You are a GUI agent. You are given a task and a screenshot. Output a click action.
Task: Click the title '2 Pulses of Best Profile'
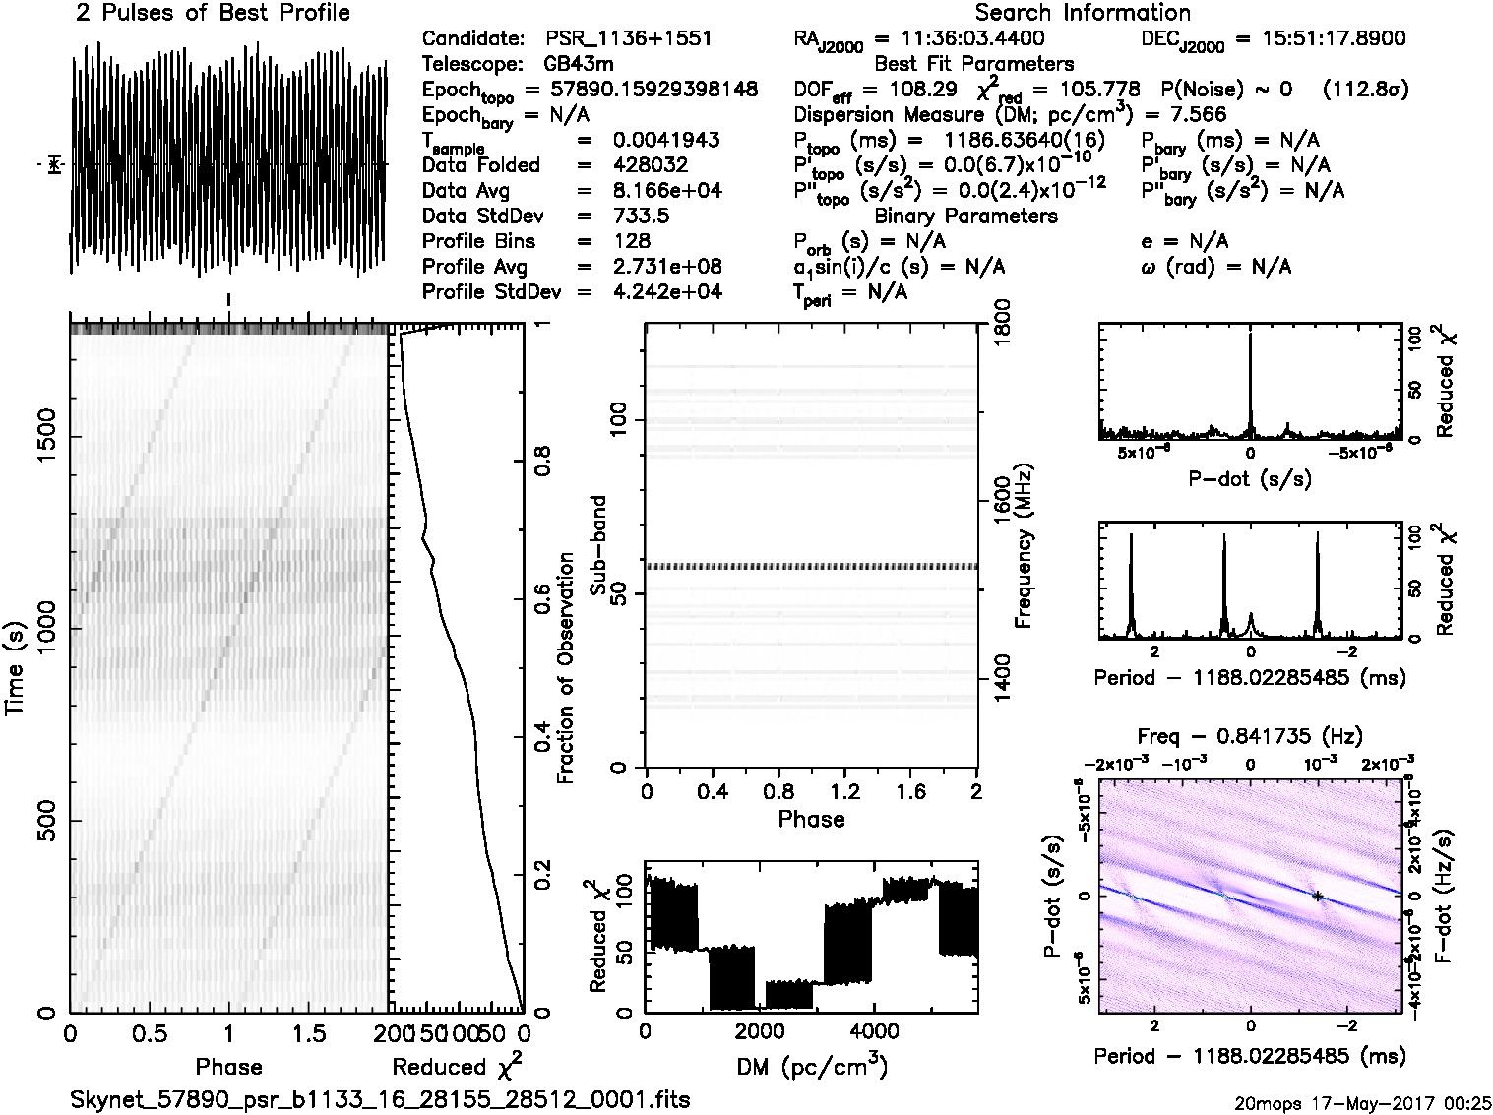coord(212,14)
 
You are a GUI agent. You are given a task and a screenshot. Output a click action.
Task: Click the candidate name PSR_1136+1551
coord(629,39)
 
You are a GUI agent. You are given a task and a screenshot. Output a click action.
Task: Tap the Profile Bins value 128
coord(631,241)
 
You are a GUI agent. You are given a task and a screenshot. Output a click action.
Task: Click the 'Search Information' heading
coord(1083,14)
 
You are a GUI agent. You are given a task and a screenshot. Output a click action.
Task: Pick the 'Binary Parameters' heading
coord(966,216)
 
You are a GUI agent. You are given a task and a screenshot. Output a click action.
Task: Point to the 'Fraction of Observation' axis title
coord(565,668)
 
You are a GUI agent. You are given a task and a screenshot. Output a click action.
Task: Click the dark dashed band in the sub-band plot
coord(810,567)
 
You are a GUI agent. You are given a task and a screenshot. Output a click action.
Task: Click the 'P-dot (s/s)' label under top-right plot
coord(1250,480)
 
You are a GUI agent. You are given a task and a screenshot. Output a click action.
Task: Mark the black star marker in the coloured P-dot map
coord(1317,896)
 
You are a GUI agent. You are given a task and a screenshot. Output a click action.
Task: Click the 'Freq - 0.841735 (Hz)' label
coord(1250,736)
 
